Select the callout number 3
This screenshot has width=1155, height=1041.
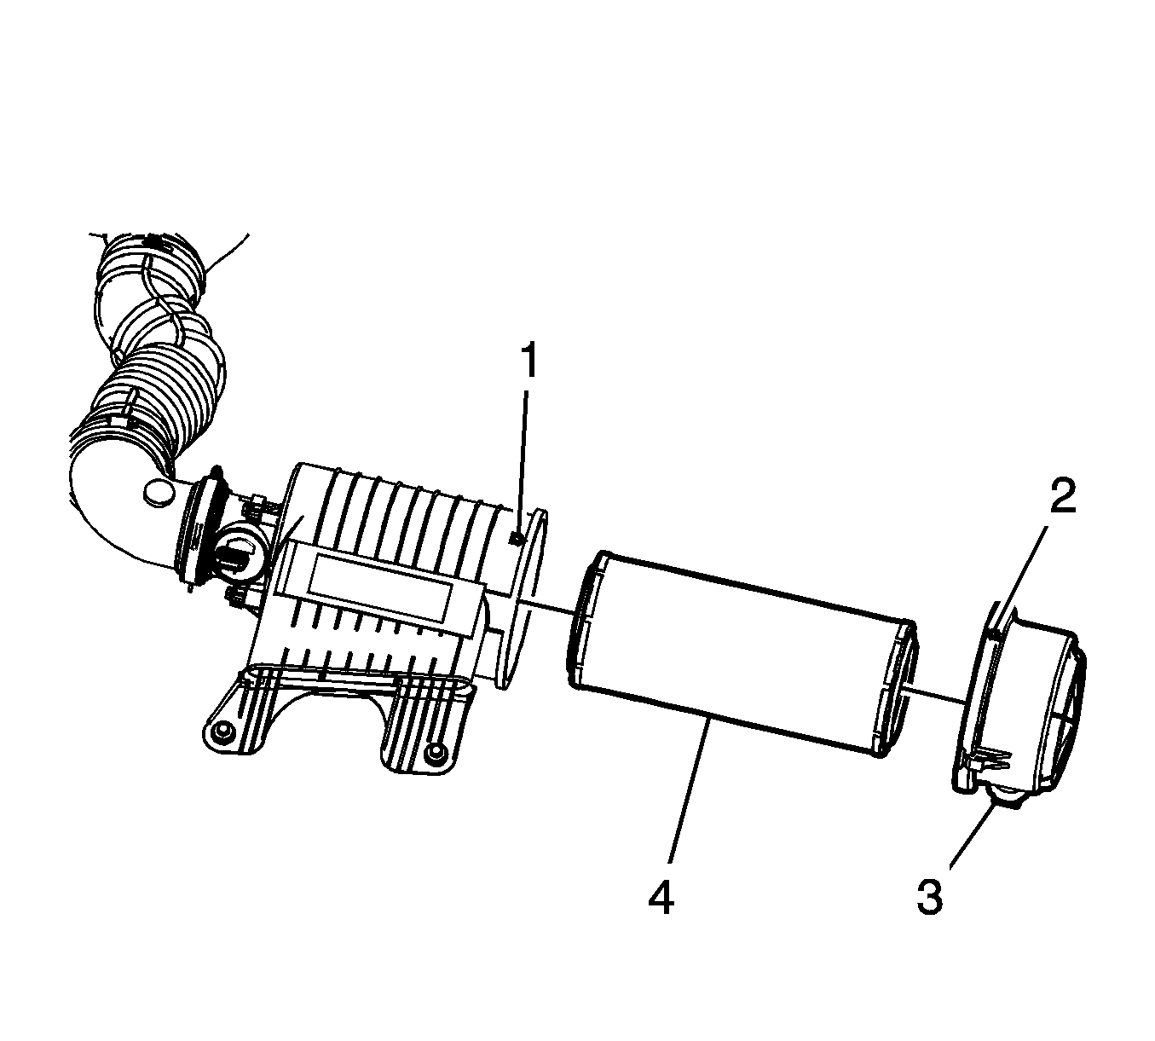930,897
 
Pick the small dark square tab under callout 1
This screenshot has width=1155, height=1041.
517,539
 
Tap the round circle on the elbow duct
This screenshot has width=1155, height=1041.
159,491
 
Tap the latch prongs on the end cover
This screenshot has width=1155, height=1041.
991,758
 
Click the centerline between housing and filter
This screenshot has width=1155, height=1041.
547,605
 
